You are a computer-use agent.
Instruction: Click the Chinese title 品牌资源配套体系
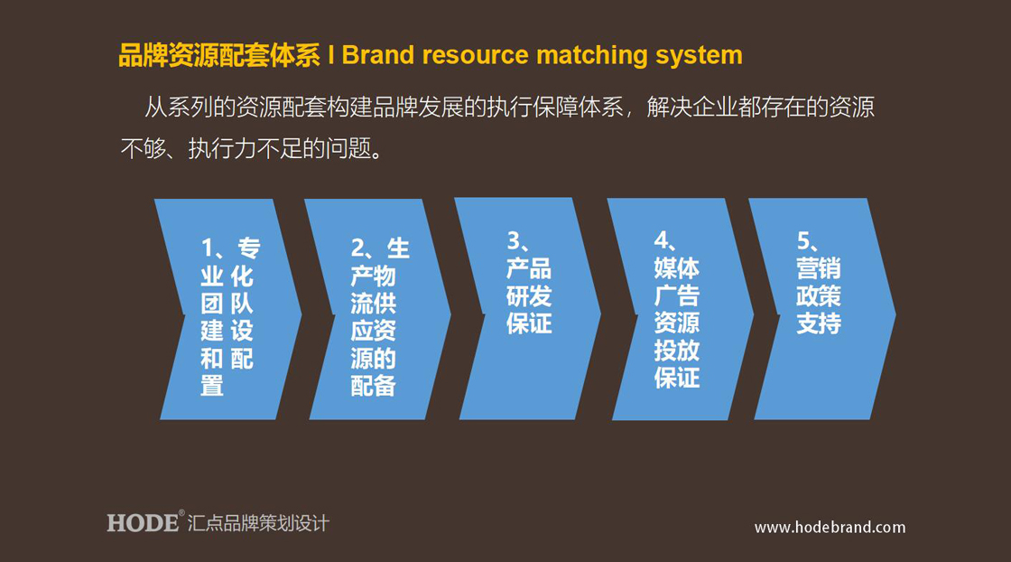pyautogui.click(x=219, y=55)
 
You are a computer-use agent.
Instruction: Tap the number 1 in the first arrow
pyautogui.click(x=207, y=248)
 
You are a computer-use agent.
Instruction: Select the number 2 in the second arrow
pyautogui.click(x=357, y=248)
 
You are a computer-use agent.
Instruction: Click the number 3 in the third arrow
pyautogui.click(x=514, y=240)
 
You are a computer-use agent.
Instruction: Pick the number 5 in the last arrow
pyautogui.click(x=804, y=240)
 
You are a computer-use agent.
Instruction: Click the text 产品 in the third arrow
pyautogui.click(x=529, y=268)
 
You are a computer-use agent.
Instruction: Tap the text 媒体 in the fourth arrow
pyautogui.click(x=677, y=268)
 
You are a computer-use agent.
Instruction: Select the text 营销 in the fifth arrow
pyautogui.click(x=819, y=268)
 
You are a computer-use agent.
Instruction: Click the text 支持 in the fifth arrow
pyautogui.click(x=819, y=323)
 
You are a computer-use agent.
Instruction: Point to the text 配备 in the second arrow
pyautogui.click(x=374, y=386)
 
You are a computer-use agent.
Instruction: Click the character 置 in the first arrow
pyautogui.click(x=212, y=386)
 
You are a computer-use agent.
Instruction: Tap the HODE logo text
pyautogui.click(x=143, y=522)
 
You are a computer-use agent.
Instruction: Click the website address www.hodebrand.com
pyautogui.click(x=830, y=527)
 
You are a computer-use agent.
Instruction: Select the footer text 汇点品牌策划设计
pyautogui.click(x=258, y=522)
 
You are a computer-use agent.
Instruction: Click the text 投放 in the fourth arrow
pyautogui.click(x=677, y=351)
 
